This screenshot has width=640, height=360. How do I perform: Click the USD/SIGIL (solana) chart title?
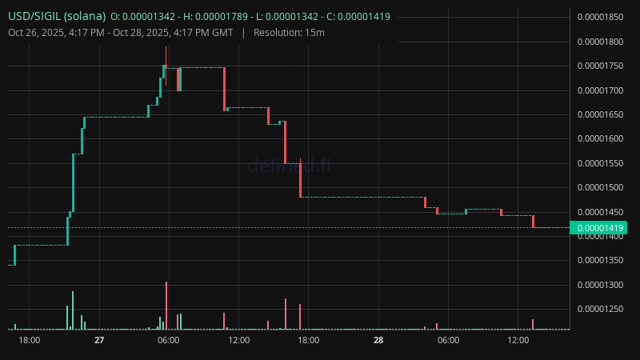click(56, 16)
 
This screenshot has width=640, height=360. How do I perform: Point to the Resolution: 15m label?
click(289, 32)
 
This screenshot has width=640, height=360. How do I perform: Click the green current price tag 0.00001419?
click(603, 228)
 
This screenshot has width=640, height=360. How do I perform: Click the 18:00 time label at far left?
click(30, 340)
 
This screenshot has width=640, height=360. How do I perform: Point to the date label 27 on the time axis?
click(99, 340)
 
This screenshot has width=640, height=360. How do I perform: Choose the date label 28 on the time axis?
click(378, 340)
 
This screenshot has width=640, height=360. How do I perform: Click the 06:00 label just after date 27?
click(169, 340)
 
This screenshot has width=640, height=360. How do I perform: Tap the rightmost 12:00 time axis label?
click(518, 340)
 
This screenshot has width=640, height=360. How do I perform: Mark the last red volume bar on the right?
click(533, 324)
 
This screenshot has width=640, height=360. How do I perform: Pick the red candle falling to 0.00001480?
click(300, 180)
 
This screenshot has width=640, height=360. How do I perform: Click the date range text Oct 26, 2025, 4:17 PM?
click(60, 32)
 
